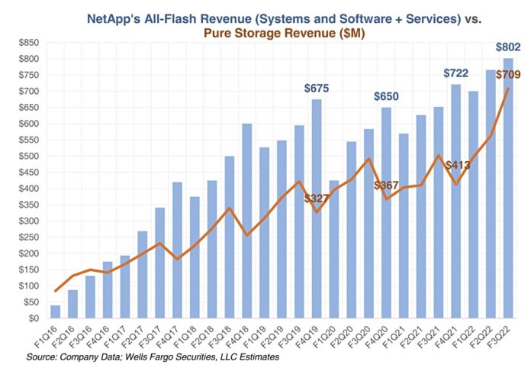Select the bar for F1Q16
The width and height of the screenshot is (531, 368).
click(x=55, y=312)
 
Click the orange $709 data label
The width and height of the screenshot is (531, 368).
click(x=508, y=74)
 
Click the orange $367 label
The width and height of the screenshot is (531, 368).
click(x=386, y=186)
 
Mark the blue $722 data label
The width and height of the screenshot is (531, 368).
click(x=456, y=73)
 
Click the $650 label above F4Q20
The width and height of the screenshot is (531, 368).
click(x=387, y=97)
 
